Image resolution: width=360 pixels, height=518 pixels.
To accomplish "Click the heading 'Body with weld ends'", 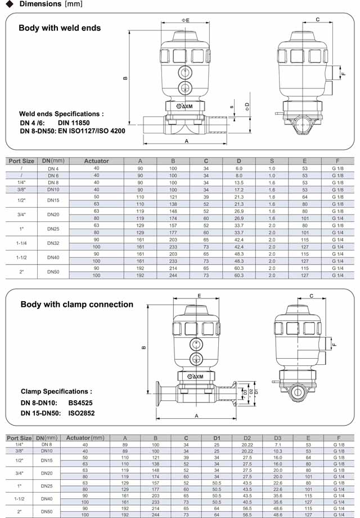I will (x=60, y=28).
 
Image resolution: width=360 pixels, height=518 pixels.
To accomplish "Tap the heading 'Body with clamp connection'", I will (x=76, y=304).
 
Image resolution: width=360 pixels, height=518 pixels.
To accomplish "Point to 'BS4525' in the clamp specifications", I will (x=80, y=403).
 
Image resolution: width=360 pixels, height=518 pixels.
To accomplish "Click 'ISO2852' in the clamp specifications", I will (x=82, y=413).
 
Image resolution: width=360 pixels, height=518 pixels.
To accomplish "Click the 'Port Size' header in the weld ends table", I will (x=22, y=161).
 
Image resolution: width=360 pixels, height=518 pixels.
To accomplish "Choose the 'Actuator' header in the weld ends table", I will (x=96, y=161).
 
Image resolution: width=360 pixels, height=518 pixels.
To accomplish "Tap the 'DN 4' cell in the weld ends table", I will (x=53, y=168).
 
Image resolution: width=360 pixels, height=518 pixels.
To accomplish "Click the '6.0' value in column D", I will (x=238, y=168).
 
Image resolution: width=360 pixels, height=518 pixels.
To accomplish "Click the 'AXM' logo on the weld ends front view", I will (x=185, y=106).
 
